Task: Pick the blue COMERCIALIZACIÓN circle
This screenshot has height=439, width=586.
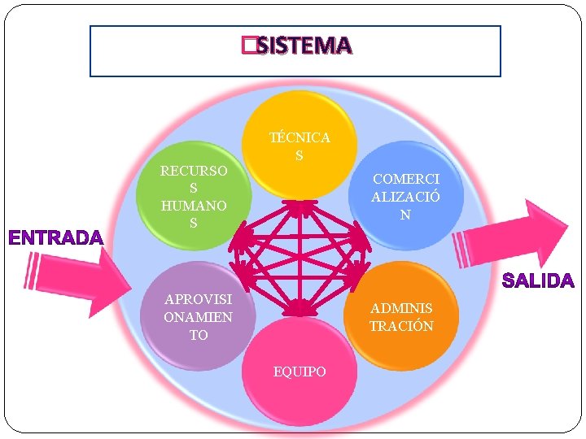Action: pyautogui.click(x=405, y=195)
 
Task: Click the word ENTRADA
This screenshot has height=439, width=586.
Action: pyautogui.click(x=56, y=238)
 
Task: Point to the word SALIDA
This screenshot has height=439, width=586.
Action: pyautogui.click(x=538, y=281)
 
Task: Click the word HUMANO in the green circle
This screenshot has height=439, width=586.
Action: pyautogui.click(x=194, y=206)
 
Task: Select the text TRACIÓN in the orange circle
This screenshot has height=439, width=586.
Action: pyautogui.click(x=401, y=326)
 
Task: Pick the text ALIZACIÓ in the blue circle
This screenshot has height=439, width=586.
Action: pyautogui.click(x=405, y=196)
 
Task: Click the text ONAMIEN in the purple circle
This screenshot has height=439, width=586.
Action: pyautogui.click(x=198, y=317)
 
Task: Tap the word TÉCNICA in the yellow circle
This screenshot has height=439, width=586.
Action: pyautogui.click(x=300, y=137)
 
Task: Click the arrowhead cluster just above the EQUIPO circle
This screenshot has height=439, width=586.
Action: pyautogui.click(x=300, y=307)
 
